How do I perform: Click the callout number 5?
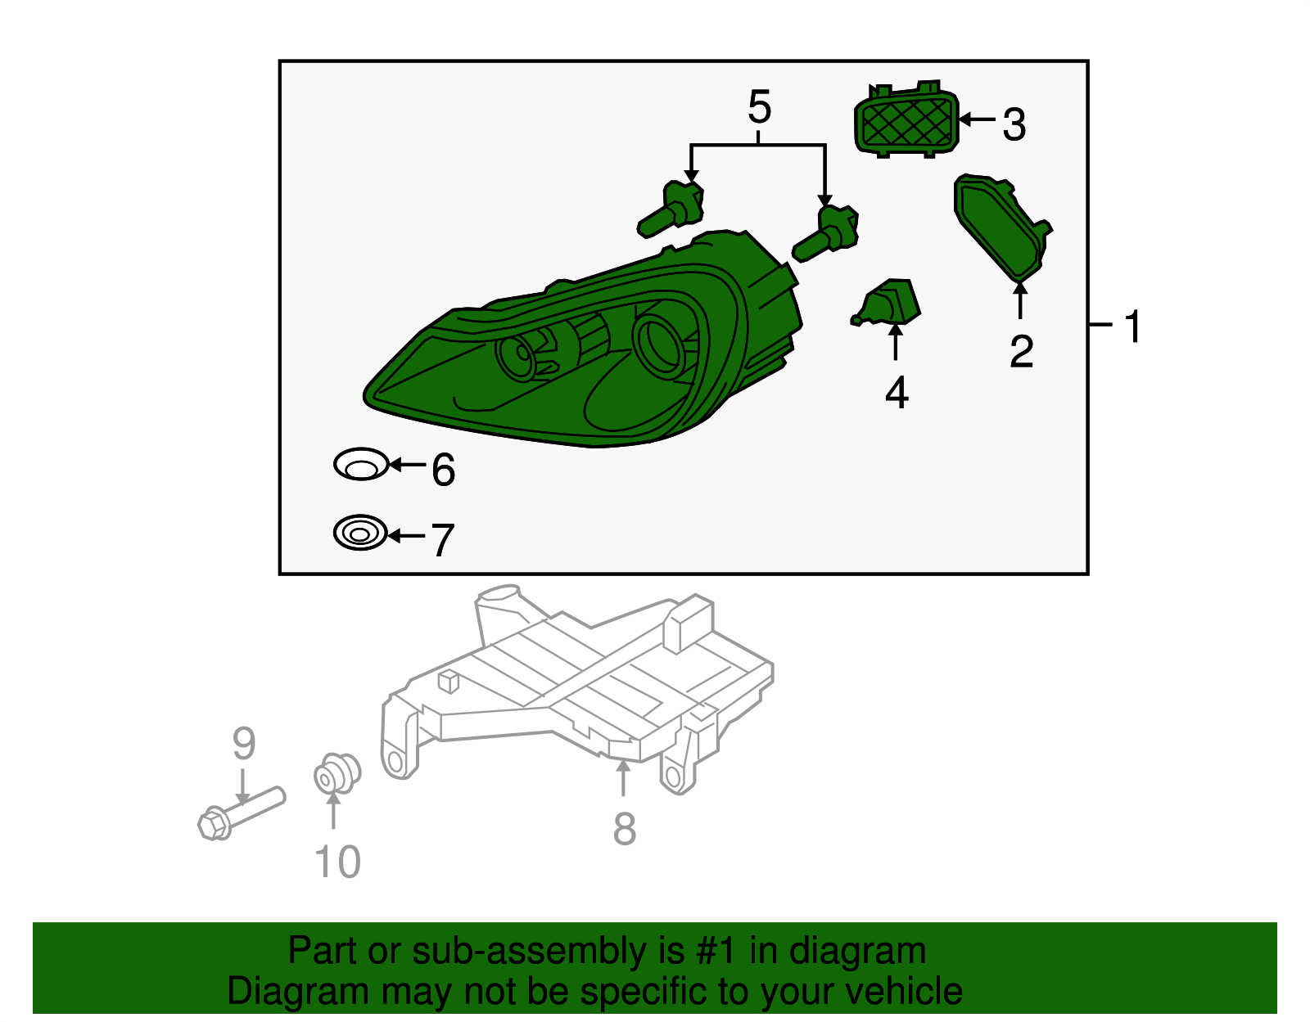click(759, 108)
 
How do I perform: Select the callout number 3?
click(1014, 125)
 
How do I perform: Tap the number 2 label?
click(1021, 352)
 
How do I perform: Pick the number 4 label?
click(897, 394)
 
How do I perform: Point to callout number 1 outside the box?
click(1133, 327)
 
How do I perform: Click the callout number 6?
click(443, 470)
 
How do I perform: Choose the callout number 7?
click(443, 541)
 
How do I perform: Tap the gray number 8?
click(624, 829)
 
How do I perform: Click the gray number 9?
click(243, 743)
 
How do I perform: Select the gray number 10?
click(337, 862)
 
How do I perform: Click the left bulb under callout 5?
click(673, 209)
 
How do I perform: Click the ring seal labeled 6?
click(361, 465)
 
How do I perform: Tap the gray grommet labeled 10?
click(337, 774)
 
